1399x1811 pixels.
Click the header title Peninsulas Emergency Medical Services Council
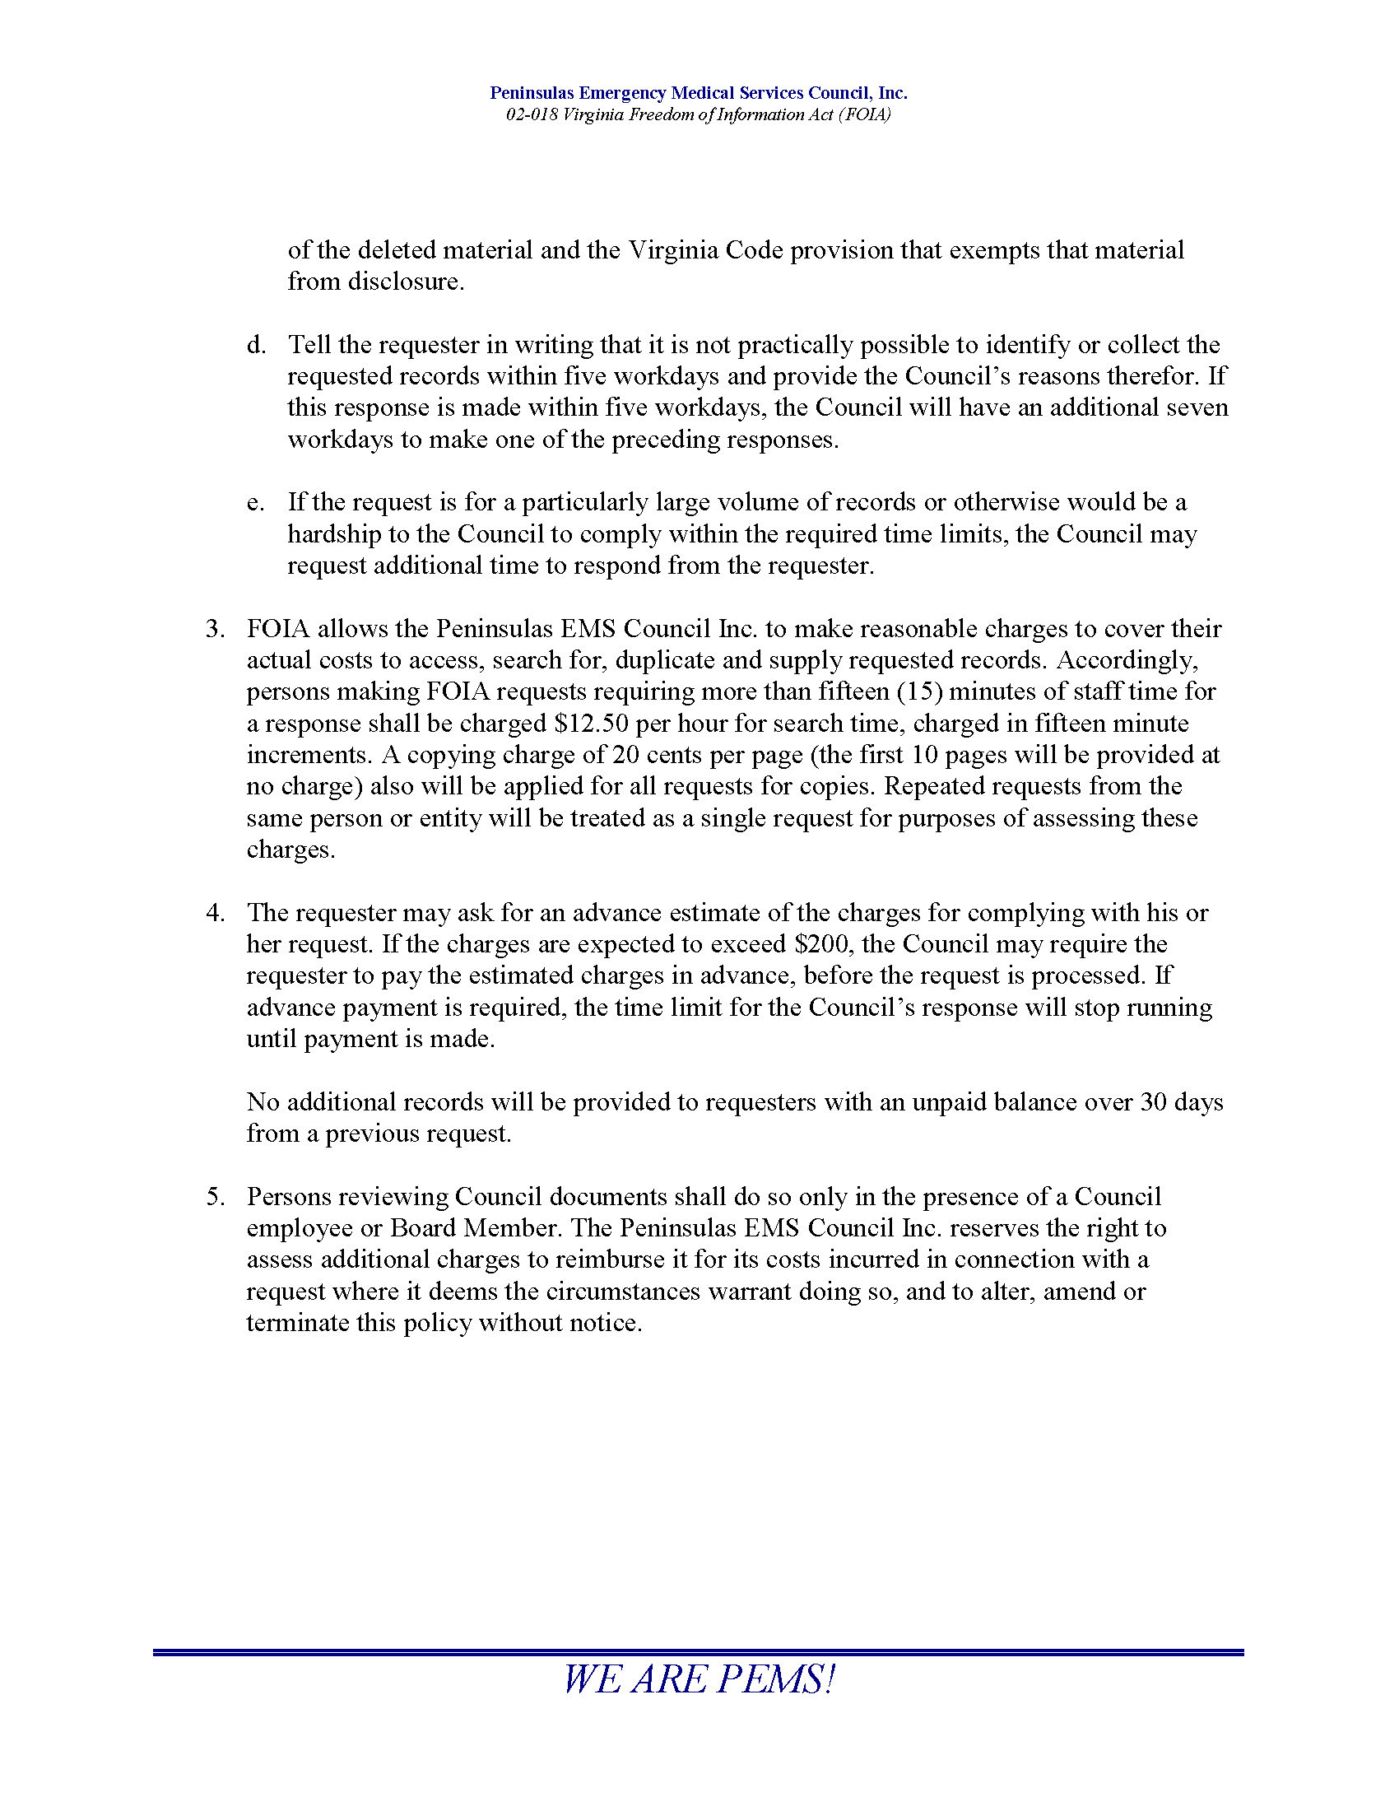(x=698, y=93)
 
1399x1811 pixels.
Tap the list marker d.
(x=254, y=345)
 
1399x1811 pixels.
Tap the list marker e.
(x=254, y=502)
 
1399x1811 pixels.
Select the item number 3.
(x=215, y=629)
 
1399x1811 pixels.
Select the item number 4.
(x=215, y=913)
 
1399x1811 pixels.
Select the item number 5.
(x=215, y=1197)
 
